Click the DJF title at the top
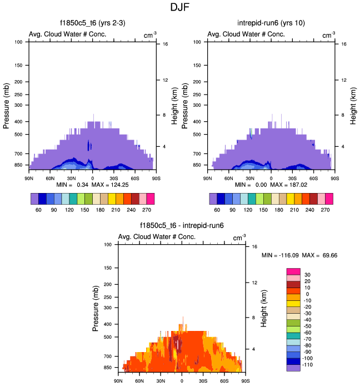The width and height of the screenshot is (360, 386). tap(180, 8)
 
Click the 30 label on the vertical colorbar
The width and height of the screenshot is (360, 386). tap(308, 275)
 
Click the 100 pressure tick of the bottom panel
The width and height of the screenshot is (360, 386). tap(108, 245)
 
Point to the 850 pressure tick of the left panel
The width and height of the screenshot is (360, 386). tap(19, 165)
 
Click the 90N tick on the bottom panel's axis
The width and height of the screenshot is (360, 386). tap(118, 381)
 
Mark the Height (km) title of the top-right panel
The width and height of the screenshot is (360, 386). tap(351, 106)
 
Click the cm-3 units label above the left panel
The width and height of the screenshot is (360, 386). tap(149, 35)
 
